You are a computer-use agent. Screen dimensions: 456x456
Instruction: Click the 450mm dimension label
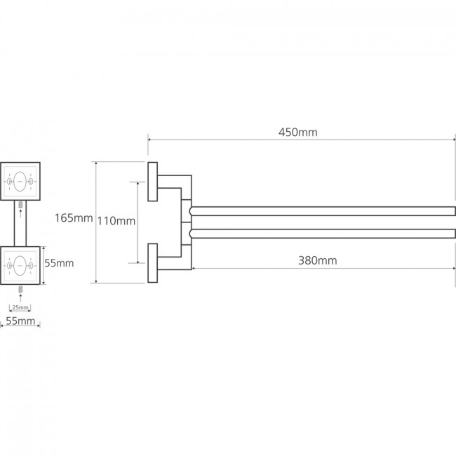[x=297, y=133]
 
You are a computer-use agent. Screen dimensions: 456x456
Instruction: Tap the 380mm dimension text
[x=318, y=260]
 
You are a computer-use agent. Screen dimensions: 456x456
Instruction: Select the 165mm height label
[x=74, y=217]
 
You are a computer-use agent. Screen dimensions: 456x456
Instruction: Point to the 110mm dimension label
[x=116, y=221]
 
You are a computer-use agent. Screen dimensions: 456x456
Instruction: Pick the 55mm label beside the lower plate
[x=59, y=263]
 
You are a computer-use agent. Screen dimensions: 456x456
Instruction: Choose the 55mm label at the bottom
[x=20, y=321]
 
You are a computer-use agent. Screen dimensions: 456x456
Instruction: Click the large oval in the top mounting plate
[x=20, y=182]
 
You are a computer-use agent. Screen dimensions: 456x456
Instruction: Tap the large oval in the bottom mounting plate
[x=20, y=266]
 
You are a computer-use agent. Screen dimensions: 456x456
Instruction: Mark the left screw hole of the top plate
[x=9, y=182]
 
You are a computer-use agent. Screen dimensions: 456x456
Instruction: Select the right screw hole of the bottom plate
[x=31, y=266]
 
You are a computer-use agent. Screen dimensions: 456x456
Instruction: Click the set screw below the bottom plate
[x=20, y=289]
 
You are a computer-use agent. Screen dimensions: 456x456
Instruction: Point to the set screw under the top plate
[x=20, y=204]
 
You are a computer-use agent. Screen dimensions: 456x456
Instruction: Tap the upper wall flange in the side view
[x=153, y=182]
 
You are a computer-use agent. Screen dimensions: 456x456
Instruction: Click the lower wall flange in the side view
[x=153, y=263]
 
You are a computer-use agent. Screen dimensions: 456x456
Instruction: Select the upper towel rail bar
[x=322, y=211]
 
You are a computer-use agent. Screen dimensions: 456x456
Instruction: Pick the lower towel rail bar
[x=322, y=234]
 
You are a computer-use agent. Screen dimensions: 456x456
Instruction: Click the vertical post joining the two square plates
[x=20, y=223]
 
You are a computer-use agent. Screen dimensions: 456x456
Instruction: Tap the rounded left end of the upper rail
[x=190, y=211]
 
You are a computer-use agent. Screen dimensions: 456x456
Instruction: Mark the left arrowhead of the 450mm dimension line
[x=149, y=140]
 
